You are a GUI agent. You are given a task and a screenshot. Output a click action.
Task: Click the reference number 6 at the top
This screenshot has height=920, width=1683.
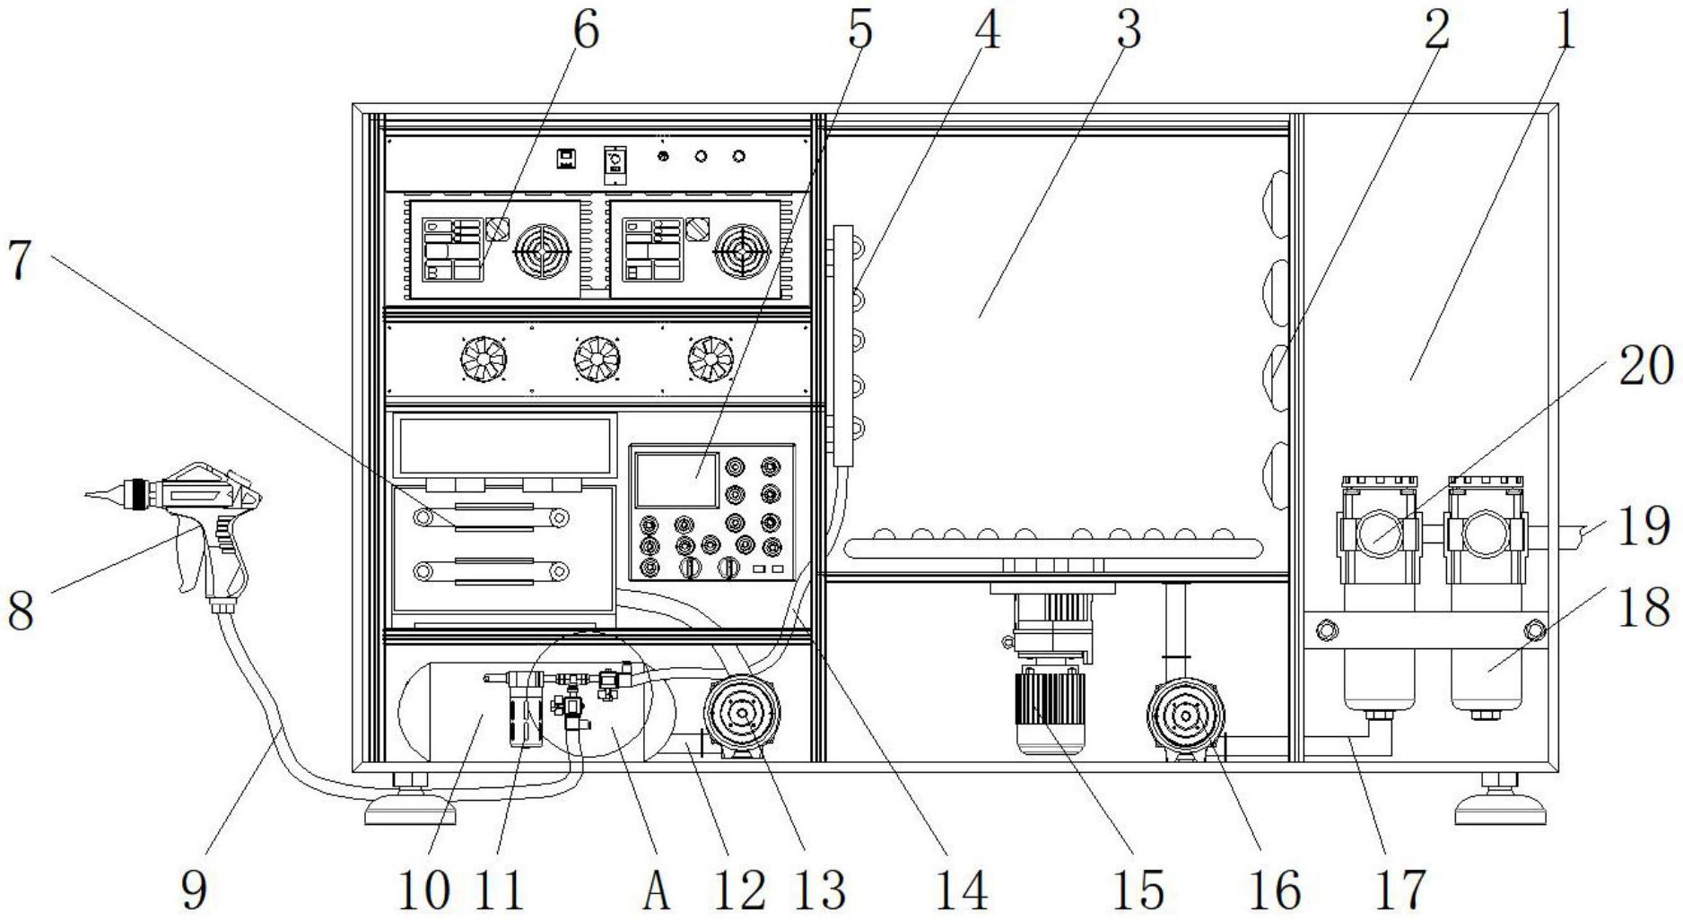(x=584, y=31)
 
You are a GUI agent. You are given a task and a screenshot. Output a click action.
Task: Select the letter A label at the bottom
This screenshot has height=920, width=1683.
(x=657, y=890)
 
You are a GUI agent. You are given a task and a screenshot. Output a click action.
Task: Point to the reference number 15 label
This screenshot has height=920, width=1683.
(x=1137, y=890)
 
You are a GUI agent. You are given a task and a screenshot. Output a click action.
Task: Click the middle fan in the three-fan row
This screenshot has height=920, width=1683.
(x=597, y=360)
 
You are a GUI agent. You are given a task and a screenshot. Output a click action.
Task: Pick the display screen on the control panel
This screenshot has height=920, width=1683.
(x=676, y=481)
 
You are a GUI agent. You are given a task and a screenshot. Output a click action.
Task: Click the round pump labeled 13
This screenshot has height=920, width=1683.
(x=742, y=715)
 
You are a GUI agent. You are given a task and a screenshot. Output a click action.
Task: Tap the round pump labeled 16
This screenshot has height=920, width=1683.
(x=1185, y=716)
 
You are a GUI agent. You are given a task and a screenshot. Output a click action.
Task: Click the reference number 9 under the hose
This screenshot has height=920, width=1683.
(x=193, y=890)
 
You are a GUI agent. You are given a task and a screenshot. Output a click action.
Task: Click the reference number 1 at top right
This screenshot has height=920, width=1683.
(x=1565, y=31)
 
